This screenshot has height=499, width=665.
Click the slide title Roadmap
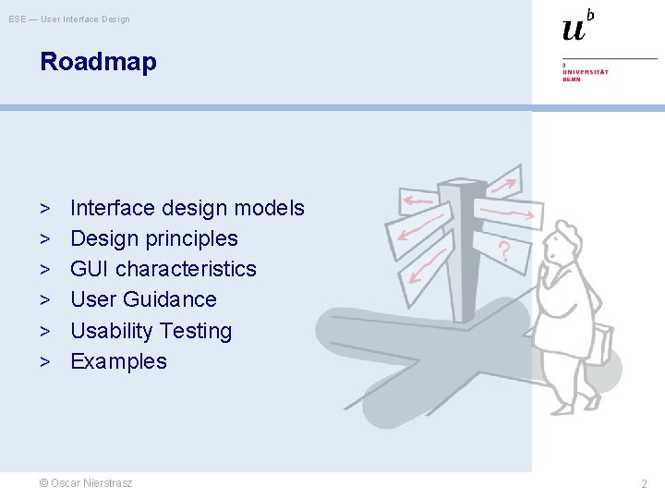98,63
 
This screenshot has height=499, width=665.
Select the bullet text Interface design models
187,208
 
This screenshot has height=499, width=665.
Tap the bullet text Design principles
153,238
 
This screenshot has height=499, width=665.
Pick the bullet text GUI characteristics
163,269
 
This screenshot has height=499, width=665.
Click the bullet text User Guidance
143,299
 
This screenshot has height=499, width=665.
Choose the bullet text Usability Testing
151,331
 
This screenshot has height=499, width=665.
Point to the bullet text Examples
118,361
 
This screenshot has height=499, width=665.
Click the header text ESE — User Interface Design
69,19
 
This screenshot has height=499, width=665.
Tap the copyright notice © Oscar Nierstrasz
86,483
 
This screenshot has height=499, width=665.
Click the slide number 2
644,484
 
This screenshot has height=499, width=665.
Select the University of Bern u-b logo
578,26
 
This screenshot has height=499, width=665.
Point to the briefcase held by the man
600,344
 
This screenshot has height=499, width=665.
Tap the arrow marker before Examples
44,361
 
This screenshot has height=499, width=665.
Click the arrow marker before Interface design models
44,208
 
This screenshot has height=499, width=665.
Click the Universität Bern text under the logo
586,75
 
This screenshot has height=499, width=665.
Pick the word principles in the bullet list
195,238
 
